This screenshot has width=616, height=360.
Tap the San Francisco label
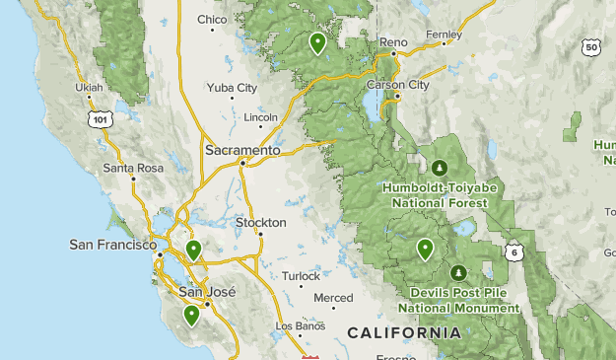111,244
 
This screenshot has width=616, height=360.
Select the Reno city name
393,42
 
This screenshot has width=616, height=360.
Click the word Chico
212,20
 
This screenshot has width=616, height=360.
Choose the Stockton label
261,223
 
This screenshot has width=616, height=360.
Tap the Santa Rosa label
133,169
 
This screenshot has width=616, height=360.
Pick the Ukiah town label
89,87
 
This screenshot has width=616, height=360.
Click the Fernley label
444,34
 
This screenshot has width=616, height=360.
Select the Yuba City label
232,88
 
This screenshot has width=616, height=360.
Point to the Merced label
332,298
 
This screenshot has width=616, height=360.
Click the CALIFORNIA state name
404,333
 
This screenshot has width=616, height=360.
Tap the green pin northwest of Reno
317,42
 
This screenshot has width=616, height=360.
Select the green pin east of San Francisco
194,250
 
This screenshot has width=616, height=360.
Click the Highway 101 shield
99,118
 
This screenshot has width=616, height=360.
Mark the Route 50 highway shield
590,46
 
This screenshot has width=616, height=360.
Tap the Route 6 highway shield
513,253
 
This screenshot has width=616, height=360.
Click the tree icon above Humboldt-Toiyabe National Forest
439,166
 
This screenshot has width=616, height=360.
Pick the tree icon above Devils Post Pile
457,272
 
